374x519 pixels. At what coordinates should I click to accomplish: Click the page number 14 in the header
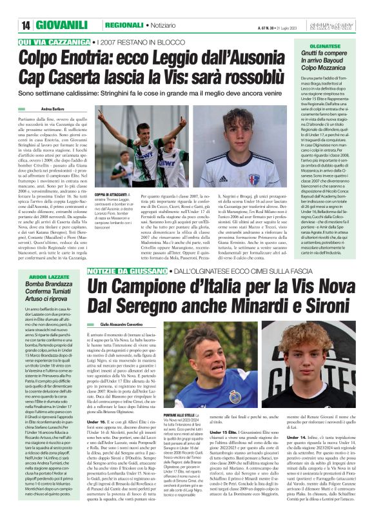pyautogui.click(x=26, y=25)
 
